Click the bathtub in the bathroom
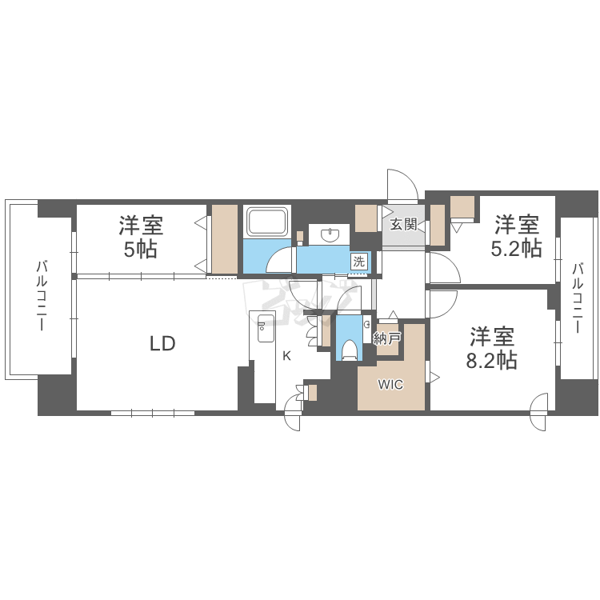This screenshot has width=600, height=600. coord(267,222)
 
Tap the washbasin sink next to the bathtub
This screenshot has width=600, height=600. coord(329,234)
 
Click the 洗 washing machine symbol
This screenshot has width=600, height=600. coord(359,262)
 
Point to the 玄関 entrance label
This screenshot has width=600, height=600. coord(403,224)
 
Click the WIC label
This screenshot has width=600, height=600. coord(390,384)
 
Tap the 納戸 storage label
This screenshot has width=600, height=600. coord(387,338)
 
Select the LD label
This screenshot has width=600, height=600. coord(162,344)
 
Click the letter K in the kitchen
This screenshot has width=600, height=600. coord(286,356)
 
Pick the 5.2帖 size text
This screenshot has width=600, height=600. coord(517,249)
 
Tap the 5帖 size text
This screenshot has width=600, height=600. coord(141,250)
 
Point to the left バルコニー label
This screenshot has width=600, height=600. coord(42,295)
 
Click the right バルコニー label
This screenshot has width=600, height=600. coord(578,298)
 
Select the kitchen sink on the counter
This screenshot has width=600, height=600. coord(266,328)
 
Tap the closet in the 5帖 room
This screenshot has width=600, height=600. coord(225,239)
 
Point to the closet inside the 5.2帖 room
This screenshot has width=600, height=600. coord(462,207)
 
